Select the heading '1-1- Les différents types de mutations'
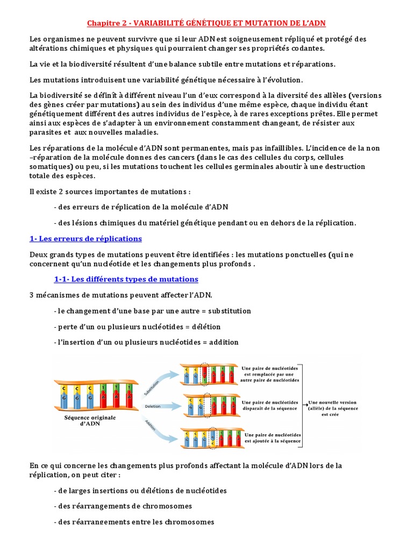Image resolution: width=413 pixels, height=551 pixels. [x=126, y=279]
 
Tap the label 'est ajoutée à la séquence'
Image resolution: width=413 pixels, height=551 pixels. [x=273, y=441]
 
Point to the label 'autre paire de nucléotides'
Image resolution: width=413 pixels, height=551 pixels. [x=272, y=380]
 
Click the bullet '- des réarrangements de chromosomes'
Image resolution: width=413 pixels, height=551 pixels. [x=123, y=506]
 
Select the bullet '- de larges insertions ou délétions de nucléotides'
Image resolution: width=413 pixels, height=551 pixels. [x=140, y=491]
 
